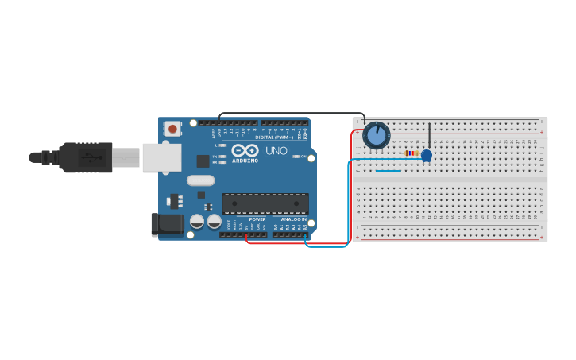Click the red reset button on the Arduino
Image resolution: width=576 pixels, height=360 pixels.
pyautogui.click(x=173, y=129)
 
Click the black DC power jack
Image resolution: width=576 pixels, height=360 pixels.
pyautogui.click(x=167, y=224)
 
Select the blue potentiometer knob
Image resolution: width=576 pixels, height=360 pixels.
pyautogui.click(x=376, y=136)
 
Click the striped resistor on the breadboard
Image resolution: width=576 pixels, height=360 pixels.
pyautogui.click(x=412, y=153)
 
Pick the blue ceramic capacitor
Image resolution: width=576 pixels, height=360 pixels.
pyautogui.click(x=427, y=155)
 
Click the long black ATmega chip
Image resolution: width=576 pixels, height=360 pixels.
pyautogui.click(x=265, y=203)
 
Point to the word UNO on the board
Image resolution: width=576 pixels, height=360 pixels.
pyautogui.click(x=276, y=150)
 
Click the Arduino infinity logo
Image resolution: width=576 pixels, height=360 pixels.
pyautogui.click(x=245, y=149)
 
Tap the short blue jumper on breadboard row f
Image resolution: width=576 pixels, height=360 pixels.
pyautogui.click(x=389, y=169)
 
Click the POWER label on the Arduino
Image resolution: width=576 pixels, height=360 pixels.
pyautogui.click(x=257, y=219)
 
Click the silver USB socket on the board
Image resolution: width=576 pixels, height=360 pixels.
pyautogui.click(x=162, y=157)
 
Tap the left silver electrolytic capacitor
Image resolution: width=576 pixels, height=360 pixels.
pyautogui.click(x=197, y=222)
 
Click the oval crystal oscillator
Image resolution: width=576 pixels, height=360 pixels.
pyautogui.click(x=201, y=180)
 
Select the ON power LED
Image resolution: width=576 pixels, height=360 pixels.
pyautogui.click(x=296, y=157)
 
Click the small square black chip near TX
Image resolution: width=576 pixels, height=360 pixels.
pyautogui.click(x=203, y=161)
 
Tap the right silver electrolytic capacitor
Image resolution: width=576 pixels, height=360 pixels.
pyautogui.click(x=214, y=222)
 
